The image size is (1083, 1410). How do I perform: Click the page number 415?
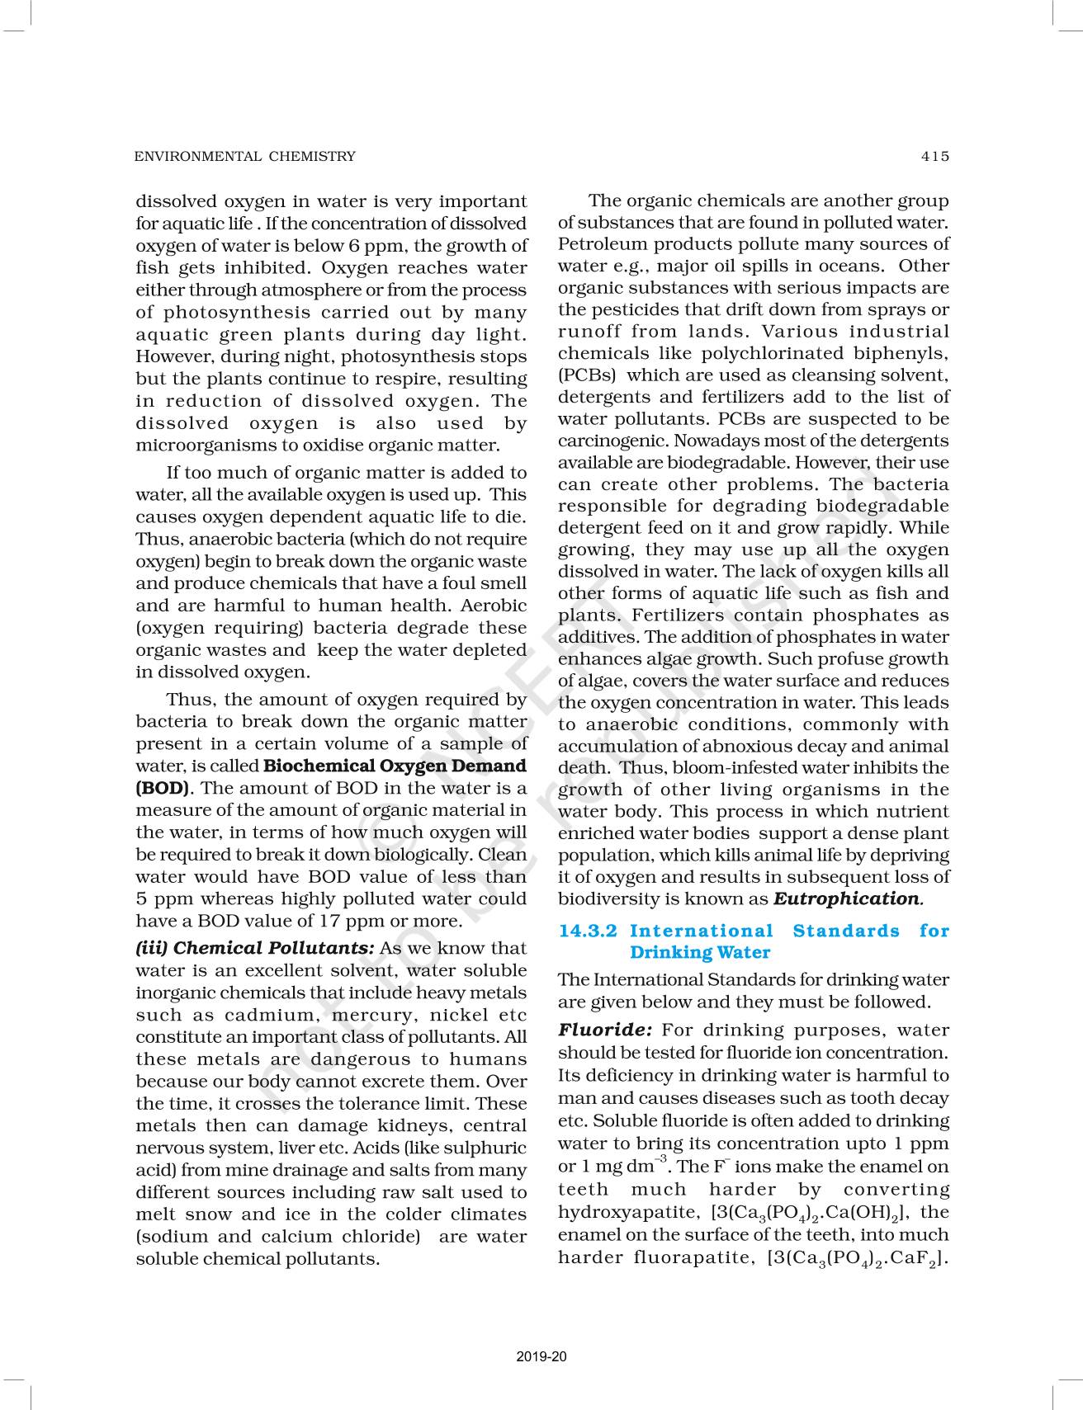(x=935, y=156)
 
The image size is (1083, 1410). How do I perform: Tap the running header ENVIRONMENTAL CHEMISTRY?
(x=244, y=156)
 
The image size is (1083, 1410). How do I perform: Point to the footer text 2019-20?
(x=541, y=1356)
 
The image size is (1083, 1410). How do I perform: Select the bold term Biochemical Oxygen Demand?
(x=395, y=766)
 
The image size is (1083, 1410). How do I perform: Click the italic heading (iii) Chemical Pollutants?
(x=255, y=948)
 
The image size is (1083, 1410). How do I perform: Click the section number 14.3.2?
(x=588, y=931)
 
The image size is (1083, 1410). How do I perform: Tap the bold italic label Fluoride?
(x=605, y=1030)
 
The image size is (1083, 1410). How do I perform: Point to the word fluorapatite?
(x=690, y=1257)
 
